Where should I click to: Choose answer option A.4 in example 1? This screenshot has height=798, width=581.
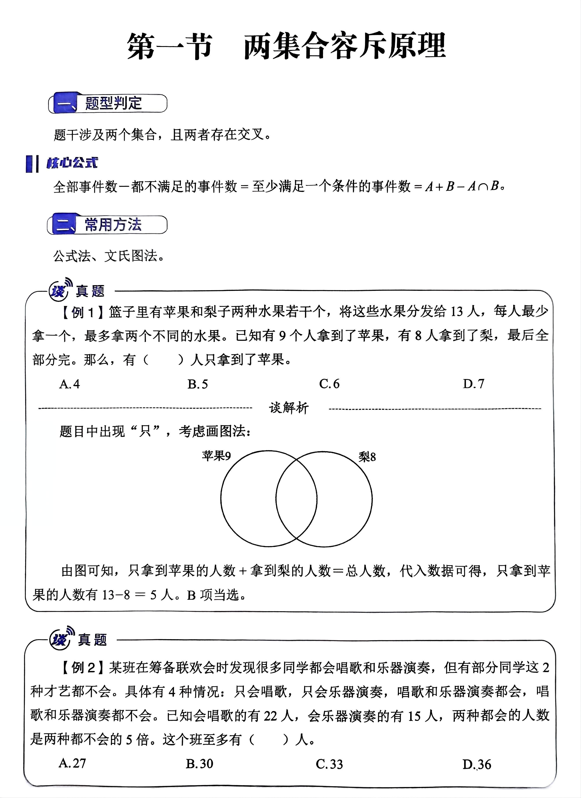click(69, 384)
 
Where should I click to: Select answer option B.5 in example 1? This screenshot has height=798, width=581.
click(198, 384)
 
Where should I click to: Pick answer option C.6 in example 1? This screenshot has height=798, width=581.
click(329, 384)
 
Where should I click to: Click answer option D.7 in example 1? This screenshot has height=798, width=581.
click(474, 384)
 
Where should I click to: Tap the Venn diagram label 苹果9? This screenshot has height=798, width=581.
click(216, 456)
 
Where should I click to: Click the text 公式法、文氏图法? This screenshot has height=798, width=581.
click(109, 256)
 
